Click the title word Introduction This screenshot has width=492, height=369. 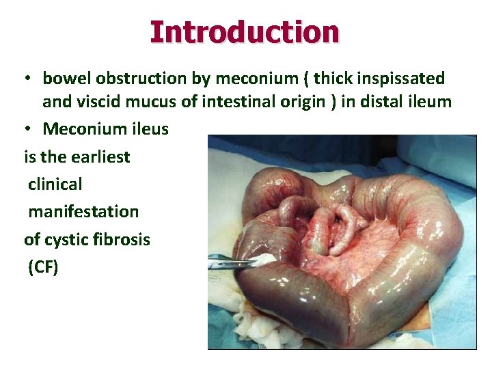pyautogui.click(x=244, y=31)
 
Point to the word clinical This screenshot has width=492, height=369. pyautogui.click(x=55, y=184)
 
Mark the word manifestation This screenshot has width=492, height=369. pyautogui.click(x=83, y=211)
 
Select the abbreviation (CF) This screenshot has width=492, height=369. pyautogui.click(x=43, y=266)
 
